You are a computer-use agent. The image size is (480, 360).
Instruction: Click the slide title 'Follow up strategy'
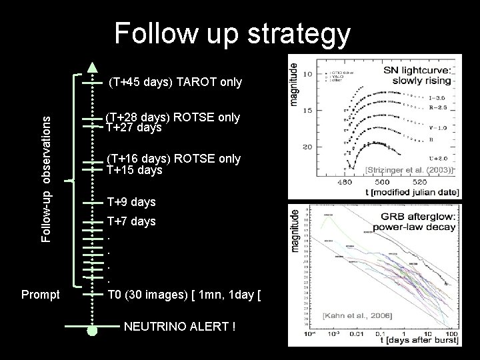click(x=232, y=33)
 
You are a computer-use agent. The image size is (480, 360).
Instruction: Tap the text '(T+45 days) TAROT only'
click(x=176, y=83)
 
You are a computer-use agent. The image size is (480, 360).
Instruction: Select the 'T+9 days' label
click(x=131, y=202)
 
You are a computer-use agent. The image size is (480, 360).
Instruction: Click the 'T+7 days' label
click(x=131, y=221)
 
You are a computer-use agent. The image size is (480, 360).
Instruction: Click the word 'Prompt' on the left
click(x=41, y=294)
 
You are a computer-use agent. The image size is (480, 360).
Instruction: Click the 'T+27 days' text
click(x=134, y=127)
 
